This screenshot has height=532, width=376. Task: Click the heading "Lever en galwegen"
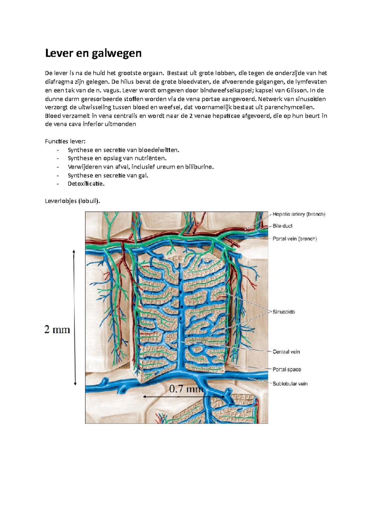(x=93, y=53)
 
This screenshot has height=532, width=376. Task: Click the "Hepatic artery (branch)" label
(x=299, y=214)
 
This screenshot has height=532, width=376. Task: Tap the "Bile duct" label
(x=282, y=226)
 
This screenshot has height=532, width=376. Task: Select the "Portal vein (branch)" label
(x=295, y=239)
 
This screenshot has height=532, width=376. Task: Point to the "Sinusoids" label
(x=284, y=312)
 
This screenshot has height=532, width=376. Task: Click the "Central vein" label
(x=286, y=352)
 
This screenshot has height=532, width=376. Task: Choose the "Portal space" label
(x=287, y=369)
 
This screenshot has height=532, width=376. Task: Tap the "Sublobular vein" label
(x=290, y=383)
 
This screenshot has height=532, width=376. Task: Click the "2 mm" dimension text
(x=57, y=330)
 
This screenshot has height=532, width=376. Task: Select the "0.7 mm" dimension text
(x=186, y=389)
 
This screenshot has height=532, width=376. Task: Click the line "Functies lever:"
(x=65, y=141)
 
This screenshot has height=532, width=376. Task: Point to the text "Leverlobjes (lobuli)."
(x=73, y=201)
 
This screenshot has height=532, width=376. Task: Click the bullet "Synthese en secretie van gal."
(x=108, y=175)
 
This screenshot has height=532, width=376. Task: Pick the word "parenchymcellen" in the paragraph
(x=289, y=107)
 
